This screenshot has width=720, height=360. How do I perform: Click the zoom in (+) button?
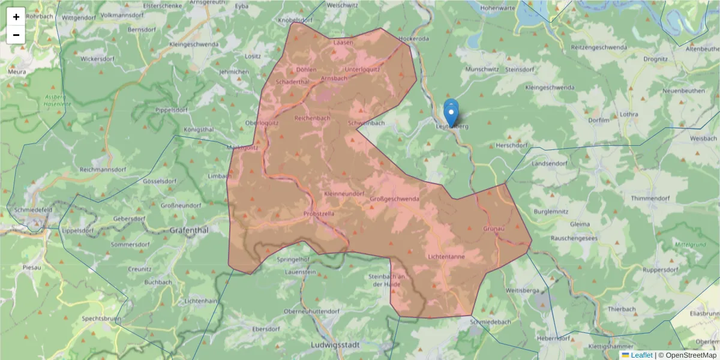pos(16,17)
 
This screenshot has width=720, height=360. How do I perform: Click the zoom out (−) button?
pos(16,35)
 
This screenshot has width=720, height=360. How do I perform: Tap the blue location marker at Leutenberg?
pos(451,114)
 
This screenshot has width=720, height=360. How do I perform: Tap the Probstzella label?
pos(319,213)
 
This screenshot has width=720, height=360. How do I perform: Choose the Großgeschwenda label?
pos(394,199)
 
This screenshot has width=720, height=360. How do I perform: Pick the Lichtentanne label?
pos(446,256)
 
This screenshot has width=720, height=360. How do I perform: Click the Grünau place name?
pos(494,229)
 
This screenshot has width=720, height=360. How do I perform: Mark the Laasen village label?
pos(343,43)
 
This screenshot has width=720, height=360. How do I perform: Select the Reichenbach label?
pos(312,118)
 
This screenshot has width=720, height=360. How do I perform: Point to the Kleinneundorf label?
pos(344,194)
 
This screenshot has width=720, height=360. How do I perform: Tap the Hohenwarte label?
pos(497,8)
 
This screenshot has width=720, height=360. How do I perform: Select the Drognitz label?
pos(655,59)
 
